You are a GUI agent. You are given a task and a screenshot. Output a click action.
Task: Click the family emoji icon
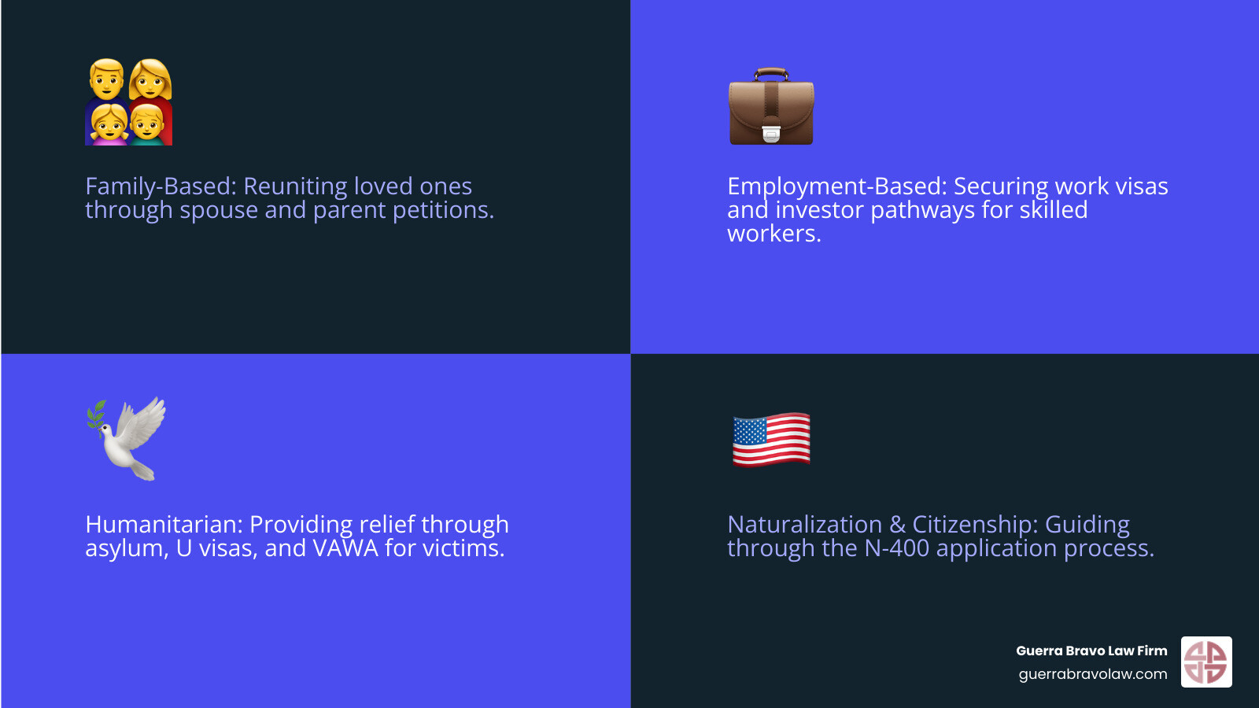coord(128,101)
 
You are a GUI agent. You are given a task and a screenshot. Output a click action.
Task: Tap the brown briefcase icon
coord(771,107)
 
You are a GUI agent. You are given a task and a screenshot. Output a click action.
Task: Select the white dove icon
coord(128,438)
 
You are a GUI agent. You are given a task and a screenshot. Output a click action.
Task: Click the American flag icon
coord(771,439)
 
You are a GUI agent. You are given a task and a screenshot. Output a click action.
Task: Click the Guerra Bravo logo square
coord(1206,662)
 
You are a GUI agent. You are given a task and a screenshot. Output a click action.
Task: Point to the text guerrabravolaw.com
coord(1092,674)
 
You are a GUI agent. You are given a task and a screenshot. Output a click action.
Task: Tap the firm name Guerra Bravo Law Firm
coord(1091,651)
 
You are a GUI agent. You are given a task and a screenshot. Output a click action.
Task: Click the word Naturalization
coord(804,525)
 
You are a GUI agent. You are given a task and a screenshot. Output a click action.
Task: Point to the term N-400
coord(896,548)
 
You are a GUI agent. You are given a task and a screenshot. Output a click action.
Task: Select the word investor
coord(819,210)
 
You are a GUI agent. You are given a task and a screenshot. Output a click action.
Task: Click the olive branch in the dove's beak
coord(97,414)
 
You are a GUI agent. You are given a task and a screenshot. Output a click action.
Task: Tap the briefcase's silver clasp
coord(771,135)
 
